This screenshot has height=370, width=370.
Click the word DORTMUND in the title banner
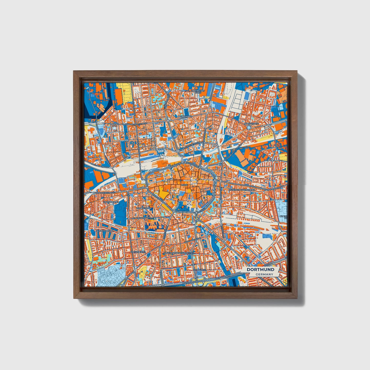[x=260, y=270]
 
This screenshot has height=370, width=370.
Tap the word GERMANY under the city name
[x=264, y=274]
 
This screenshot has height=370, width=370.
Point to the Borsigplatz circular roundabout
[x=249, y=127]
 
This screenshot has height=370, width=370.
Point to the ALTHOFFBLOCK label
[x=104, y=231]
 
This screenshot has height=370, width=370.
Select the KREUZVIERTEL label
[x=138, y=252]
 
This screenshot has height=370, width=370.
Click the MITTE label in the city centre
[x=184, y=185]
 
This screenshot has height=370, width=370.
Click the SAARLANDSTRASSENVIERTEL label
[x=179, y=253]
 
